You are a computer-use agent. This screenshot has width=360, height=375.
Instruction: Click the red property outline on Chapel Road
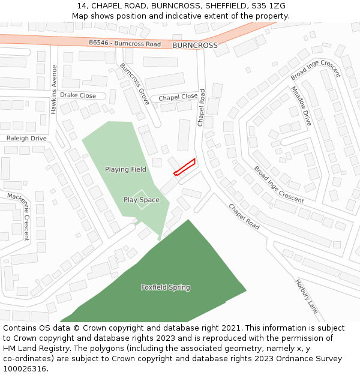(185, 167)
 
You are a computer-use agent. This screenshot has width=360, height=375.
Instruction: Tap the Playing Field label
(125, 170)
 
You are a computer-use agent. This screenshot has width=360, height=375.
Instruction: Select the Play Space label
(142, 200)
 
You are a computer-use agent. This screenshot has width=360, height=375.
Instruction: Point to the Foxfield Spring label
(166, 287)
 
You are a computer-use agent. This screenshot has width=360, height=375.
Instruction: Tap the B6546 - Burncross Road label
(125, 44)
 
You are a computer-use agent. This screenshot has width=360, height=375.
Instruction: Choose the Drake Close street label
(78, 95)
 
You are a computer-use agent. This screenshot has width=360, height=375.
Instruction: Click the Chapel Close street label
(178, 97)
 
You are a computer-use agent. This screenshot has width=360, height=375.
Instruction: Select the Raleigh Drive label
(26, 139)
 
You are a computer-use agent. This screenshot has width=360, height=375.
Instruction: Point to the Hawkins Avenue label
(54, 89)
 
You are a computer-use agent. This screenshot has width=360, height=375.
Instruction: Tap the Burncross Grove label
(134, 84)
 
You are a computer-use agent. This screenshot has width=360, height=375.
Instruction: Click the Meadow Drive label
(301, 106)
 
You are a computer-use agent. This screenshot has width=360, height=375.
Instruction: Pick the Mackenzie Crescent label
(18, 216)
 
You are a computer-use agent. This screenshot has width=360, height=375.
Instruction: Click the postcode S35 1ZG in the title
(269, 6)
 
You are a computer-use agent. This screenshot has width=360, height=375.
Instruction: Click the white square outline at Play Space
(142, 200)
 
